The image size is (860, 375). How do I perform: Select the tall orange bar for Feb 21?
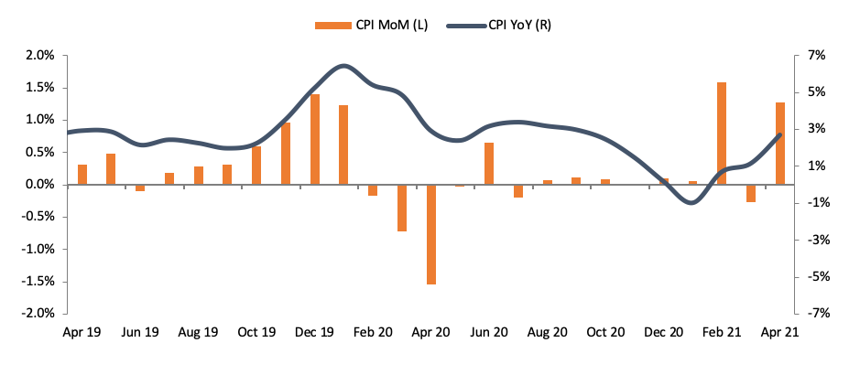pyautogui.click(x=722, y=134)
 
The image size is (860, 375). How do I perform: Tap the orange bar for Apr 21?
pyautogui.click(x=780, y=144)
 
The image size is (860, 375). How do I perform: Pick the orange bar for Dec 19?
pyautogui.click(x=315, y=139)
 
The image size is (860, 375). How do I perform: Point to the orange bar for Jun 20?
pyautogui.click(x=489, y=164)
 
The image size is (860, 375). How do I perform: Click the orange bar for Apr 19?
pyautogui.click(x=82, y=175)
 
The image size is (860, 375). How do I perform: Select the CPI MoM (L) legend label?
pyautogui.click(x=384, y=25)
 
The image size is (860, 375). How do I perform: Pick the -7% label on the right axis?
pyautogui.click(x=813, y=314)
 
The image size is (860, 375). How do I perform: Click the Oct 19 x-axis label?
pyautogui.click(x=256, y=333)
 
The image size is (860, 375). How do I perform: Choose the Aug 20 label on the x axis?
pyautogui.click(x=548, y=333)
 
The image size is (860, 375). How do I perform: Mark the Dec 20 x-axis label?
pyautogui.click(x=663, y=333)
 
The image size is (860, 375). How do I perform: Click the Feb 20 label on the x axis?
pyautogui.click(x=373, y=333)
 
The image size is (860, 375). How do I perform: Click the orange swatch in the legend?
pyautogui.click(x=326, y=25)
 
